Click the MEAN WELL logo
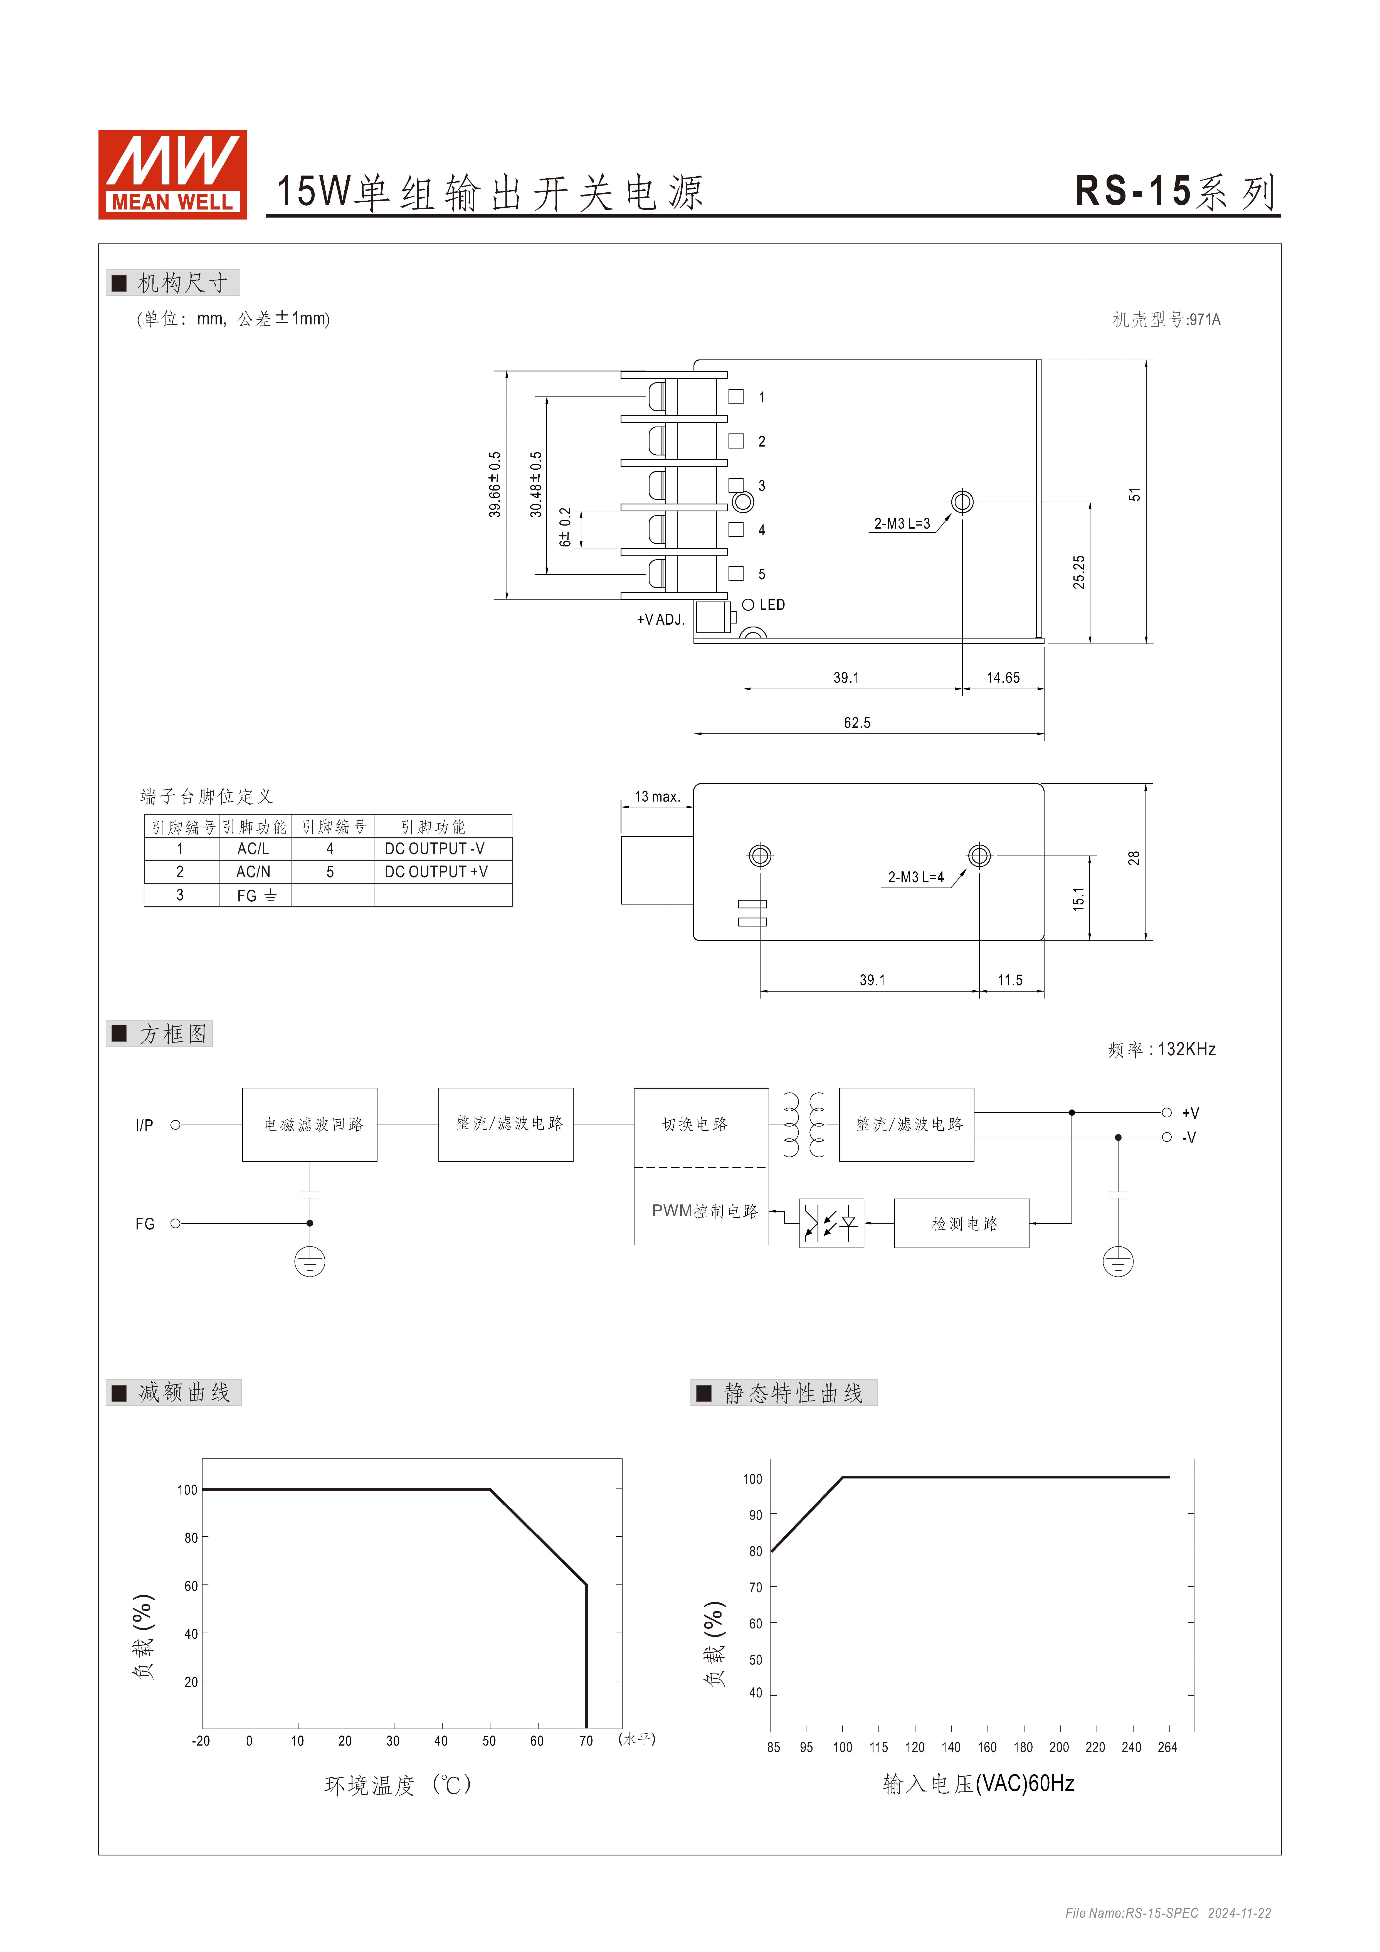[x=173, y=174]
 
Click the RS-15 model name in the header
[x=1134, y=191]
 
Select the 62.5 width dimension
[x=857, y=723]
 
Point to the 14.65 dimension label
[x=1003, y=677]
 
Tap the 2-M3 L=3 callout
[x=902, y=524]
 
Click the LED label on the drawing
[x=772, y=605]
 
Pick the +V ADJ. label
[x=661, y=620]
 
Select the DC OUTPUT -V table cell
[x=435, y=849]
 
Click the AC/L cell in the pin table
[x=253, y=849]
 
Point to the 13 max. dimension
[x=657, y=797]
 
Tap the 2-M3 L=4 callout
[x=916, y=878]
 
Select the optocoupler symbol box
[x=831, y=1223]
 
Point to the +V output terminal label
[x=1190, y=1113]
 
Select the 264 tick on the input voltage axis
[x=1167, y=1747]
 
